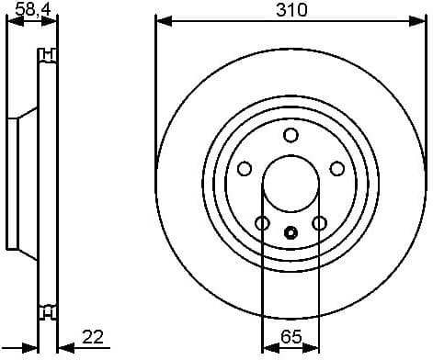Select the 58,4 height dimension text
coord(33,10)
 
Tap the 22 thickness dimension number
coord(91,336)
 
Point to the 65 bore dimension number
coord(291,336)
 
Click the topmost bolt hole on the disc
coord(291,136)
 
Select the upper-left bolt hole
coord(245,168)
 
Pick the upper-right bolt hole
coord(336,168)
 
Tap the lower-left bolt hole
coord(262,223)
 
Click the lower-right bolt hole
coord(319,223)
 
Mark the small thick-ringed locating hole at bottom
coord(291,232)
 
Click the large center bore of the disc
coord(291,184)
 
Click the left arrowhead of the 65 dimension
coord(268,347)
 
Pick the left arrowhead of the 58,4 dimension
coord(12,20)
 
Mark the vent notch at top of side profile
coord(44,58)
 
